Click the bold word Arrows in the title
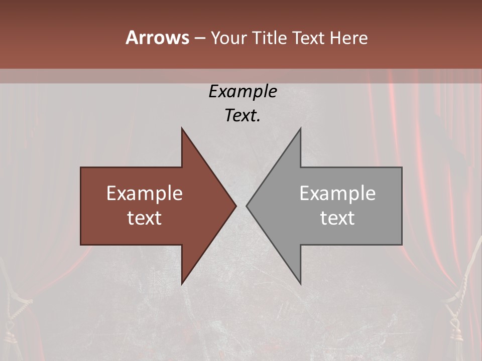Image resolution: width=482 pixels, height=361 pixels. coord(158,38)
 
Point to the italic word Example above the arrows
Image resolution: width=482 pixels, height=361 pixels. coord(243,91)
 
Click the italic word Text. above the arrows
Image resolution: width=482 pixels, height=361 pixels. coord(243,116)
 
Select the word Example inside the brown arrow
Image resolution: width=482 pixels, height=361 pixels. coord(145,193)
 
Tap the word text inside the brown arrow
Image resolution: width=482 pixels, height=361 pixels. coord(145,218)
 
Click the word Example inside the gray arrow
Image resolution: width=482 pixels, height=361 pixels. coord(337,193)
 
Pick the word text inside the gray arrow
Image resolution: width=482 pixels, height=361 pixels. coord(337,218)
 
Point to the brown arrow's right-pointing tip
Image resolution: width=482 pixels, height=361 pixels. coord(235,206)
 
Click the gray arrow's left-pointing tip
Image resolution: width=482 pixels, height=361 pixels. coord(248,206)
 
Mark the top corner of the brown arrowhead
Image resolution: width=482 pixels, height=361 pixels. coord(182,129)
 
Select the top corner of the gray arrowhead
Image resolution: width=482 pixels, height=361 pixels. coord(300,129)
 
